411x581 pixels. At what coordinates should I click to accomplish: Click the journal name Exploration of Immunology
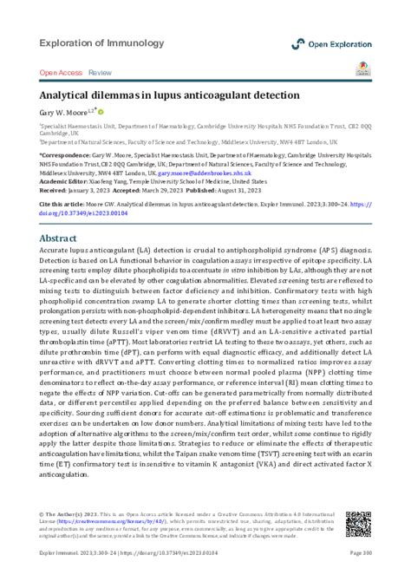click(101, 42)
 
